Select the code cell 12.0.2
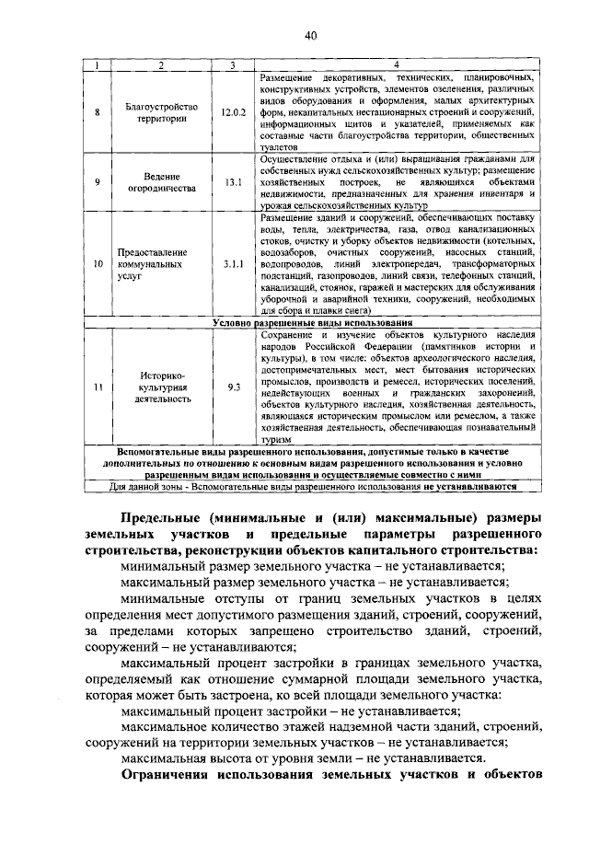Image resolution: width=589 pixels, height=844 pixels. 234,112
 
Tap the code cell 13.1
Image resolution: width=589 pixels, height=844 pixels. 234,182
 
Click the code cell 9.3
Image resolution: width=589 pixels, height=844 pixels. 234,387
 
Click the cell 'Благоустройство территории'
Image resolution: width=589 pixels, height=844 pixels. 161,112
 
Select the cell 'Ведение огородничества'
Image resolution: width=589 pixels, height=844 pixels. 161,182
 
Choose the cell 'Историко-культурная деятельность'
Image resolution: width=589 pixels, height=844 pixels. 162,387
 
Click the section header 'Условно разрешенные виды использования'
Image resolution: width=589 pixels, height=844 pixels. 311,324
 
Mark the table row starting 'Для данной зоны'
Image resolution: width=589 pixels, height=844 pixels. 311,486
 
